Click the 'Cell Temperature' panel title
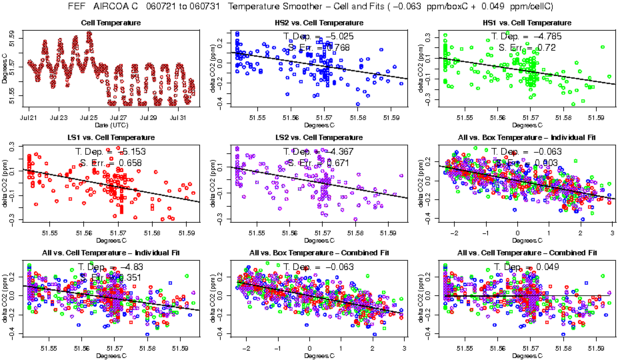111,23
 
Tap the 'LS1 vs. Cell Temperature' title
111,137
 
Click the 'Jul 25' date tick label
89,118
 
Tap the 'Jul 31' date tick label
179,118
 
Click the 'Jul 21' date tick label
29,118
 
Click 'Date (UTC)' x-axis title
110,125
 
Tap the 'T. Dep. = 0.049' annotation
526,267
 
